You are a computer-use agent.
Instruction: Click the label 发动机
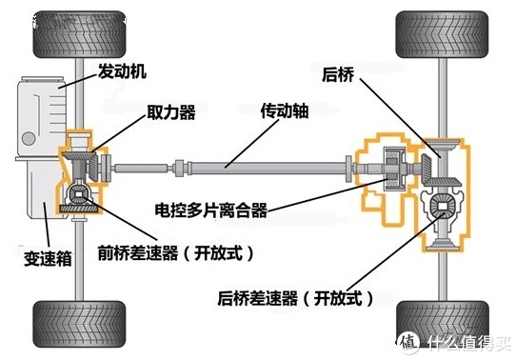pyautogui.click(x=123, y=71)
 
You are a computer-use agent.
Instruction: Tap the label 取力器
pyautogui.click(x=171, y=112)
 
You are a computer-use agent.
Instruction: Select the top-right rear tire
pyautogui.click(x=437, y=35)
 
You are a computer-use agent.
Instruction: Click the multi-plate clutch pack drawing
pyautogui.click(x=390, y=170)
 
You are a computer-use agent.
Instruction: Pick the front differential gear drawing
pyautogui.click(x=77, y=195)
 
